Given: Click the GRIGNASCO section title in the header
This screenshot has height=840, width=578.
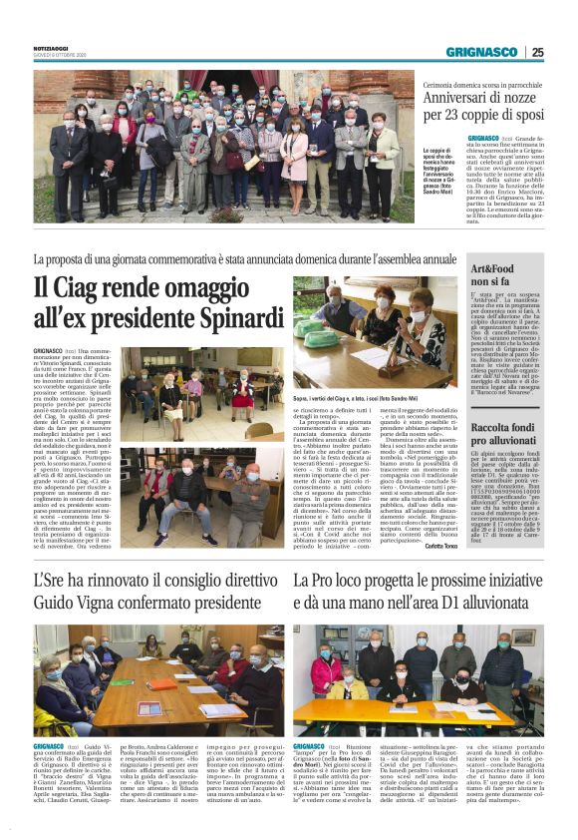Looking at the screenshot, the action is [x=481, y=52].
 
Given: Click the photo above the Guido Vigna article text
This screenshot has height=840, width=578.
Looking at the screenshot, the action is [x=158, y=678].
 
